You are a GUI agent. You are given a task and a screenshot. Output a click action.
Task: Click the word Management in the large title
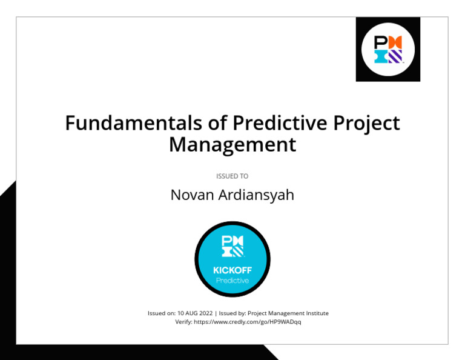click(232, 145)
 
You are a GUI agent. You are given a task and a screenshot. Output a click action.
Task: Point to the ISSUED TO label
click(232, 176)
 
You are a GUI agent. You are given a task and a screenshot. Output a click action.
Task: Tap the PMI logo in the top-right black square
click(387, 49)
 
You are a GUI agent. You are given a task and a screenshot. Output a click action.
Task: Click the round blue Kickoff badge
click(232, 259)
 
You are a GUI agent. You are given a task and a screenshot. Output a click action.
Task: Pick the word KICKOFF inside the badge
click(232, 270)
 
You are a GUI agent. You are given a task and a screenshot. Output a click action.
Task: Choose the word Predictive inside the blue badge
click(232, 281)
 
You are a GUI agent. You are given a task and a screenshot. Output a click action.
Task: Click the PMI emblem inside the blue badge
click(232, 245)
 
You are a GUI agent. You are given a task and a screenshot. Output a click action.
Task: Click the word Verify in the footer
click(183, 322)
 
